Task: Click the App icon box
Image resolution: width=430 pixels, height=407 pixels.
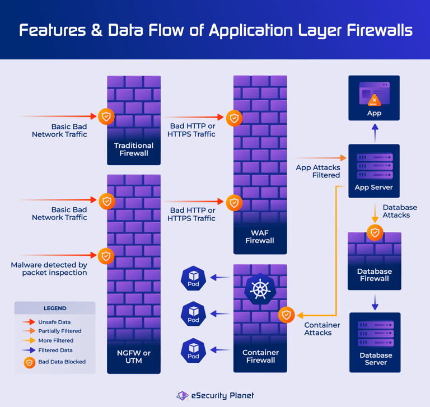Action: [x=374, y=98]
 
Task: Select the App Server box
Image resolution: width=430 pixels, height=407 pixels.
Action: [x=374, y=170]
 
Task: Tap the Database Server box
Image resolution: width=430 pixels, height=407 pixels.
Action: [x=375, y=342]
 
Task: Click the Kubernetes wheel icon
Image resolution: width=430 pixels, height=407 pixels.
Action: [x=260, y=289]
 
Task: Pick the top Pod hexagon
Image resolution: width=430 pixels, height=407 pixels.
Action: [x=194, y=278]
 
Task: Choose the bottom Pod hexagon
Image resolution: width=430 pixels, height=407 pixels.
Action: [x=194, y=350]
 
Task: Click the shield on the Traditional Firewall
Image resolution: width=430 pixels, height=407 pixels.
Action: [x=106, y=116]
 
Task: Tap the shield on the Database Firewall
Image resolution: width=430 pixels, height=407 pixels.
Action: [x=375, y=232]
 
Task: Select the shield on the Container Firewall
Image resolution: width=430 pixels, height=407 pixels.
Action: [x=287, y=315]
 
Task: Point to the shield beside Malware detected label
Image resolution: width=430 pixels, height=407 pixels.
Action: [x=106, y=256]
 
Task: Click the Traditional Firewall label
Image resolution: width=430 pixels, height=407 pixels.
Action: [x=134, y=149]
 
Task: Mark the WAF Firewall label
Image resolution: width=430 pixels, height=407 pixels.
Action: [x=260, y=237]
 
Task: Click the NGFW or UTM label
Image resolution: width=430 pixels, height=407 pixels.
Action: [x=134, y=357]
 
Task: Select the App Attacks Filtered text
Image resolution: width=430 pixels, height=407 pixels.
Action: [x=318, y=171]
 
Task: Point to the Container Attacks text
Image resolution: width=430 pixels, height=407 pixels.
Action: [x=322, y=329]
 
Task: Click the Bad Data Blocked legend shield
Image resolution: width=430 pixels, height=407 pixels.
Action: [x=29, y=362]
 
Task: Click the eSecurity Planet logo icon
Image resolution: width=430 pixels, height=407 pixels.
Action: [x=183, y=395]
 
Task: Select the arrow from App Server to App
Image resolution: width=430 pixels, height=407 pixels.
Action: [x=375, y=133]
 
